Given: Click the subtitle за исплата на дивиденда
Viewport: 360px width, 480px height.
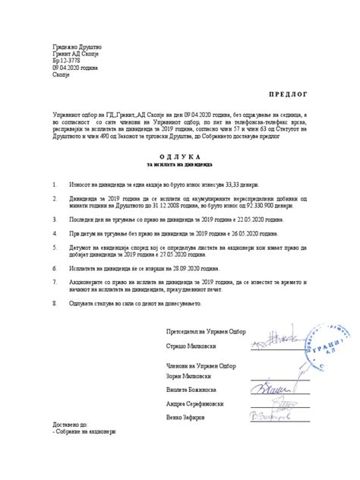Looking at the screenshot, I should pyautogui.click(x=180, y=164).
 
